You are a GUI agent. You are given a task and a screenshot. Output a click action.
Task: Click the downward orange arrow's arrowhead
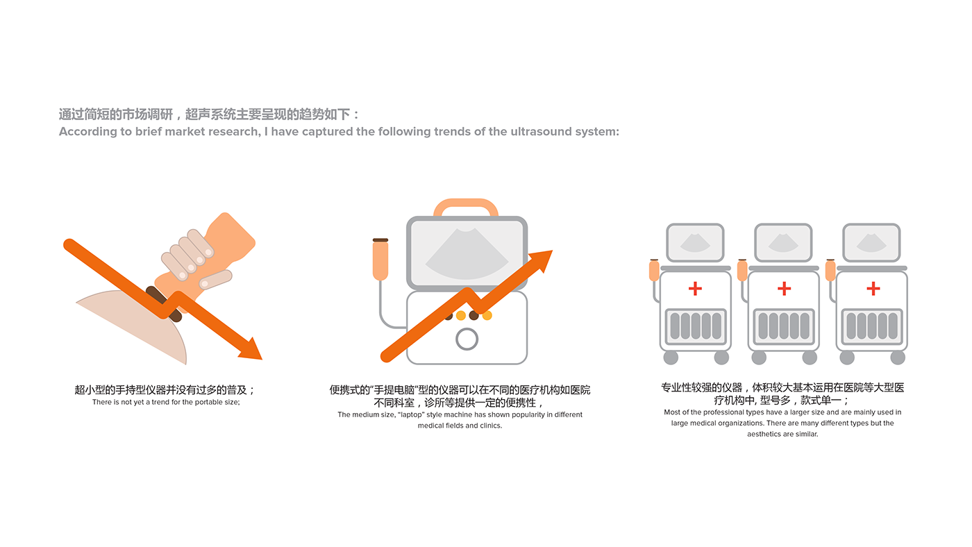252,350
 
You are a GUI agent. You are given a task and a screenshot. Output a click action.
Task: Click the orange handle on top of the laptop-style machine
466,207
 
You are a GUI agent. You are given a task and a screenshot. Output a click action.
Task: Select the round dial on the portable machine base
467,339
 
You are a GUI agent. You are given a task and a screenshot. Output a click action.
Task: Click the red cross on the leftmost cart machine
695,289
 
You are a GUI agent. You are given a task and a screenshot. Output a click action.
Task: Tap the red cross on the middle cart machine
784,289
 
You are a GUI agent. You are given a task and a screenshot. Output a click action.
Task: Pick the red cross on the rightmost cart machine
873,289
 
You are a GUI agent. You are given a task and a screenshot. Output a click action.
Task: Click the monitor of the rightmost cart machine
871,242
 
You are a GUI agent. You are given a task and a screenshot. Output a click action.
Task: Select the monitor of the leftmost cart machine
695,242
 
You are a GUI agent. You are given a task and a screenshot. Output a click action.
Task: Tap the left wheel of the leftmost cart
671,357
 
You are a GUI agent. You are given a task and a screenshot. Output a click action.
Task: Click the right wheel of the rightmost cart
898,357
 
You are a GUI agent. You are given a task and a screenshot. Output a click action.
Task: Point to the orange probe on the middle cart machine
742,270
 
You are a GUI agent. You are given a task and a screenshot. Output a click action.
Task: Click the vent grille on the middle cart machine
784,326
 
